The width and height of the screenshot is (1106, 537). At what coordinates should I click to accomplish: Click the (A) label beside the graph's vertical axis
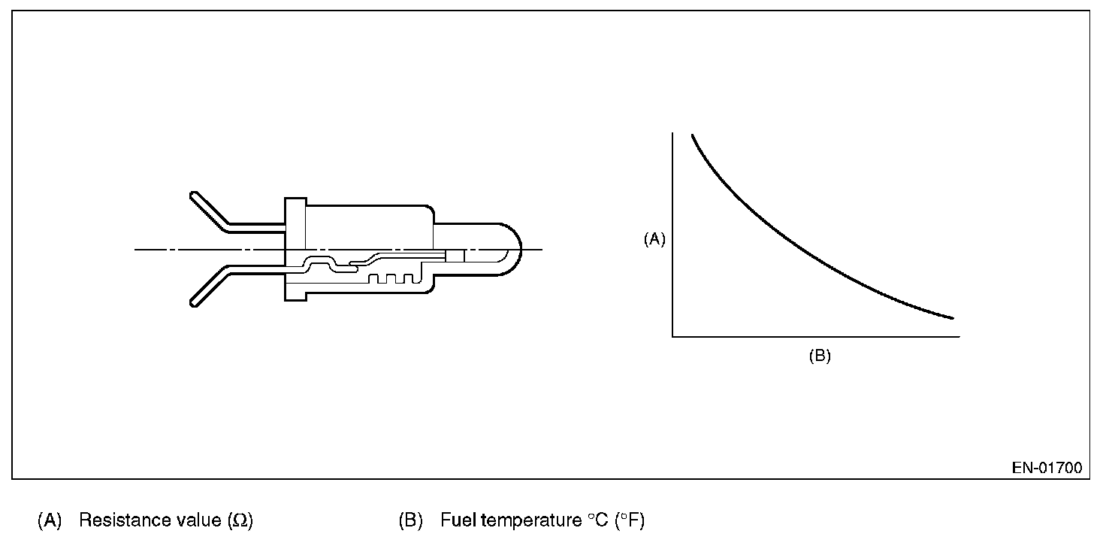coord(654,239)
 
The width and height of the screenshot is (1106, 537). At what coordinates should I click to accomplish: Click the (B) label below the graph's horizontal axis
coord(819,356)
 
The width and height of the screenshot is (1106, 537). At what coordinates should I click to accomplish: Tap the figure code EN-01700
coord(1047,468)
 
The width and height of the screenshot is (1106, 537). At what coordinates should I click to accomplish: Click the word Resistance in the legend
coord(113,520)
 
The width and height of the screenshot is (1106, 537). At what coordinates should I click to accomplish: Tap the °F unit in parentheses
coord(630,520)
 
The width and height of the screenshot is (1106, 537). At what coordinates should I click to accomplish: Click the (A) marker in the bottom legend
coord(49,520)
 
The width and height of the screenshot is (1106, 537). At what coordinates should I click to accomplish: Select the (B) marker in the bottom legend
coord(410,520)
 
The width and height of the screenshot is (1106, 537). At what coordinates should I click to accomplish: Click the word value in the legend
coord(198,520)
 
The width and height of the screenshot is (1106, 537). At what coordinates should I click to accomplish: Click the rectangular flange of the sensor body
coord(295,249)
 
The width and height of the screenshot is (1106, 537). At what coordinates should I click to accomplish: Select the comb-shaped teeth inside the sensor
coord(390,278)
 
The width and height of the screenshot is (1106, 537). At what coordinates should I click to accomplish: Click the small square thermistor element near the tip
coord(455,256)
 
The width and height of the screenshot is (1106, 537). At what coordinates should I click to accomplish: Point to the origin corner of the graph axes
coord(672,337)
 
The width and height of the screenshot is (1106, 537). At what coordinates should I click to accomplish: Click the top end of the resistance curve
coord(693,135)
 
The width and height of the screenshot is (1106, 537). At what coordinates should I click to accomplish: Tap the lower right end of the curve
coord(953,318)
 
